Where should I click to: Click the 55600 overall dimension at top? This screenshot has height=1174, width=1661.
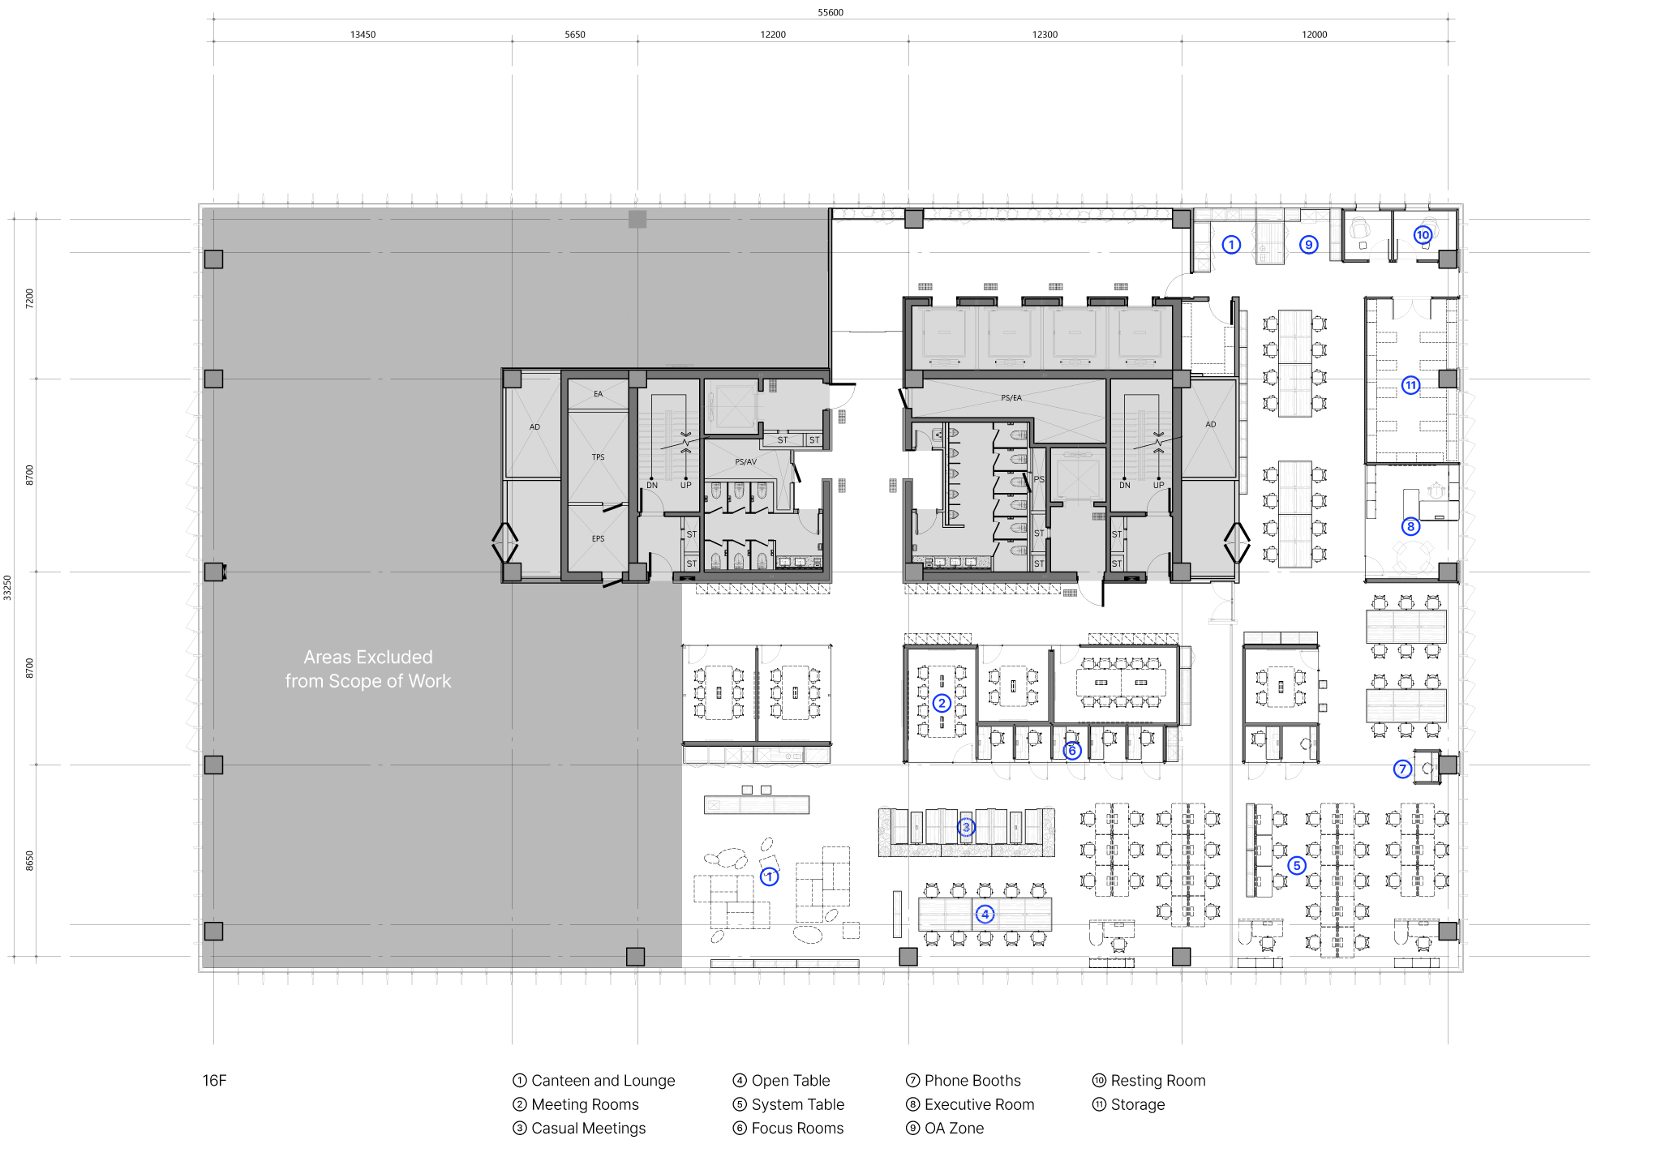(x=830, y=12)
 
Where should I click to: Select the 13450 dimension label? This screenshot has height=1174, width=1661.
(x=363, y=35)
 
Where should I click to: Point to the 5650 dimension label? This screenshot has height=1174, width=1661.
(x=574, y=35)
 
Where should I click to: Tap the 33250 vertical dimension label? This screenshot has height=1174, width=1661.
(x=7, y=587)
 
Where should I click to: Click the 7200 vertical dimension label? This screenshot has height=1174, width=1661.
(x=30, y=298)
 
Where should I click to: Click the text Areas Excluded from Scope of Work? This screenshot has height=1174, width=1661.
(x=367, y=669)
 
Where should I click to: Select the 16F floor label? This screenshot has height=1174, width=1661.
(x=214, y=1080)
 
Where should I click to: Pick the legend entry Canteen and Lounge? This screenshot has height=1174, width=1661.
(x=602, y=1080)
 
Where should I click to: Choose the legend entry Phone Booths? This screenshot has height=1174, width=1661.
(x=972, y=1080)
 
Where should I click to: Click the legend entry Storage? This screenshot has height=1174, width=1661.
(x=1137, y=1104)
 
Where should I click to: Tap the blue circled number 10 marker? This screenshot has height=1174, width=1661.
(x=1423, y=235)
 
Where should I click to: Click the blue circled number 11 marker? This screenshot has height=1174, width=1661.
(x=1411, y=385)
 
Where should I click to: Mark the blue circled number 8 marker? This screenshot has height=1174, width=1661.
(x=1410, y=526)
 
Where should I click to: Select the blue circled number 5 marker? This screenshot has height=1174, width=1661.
(x=1297, y=865)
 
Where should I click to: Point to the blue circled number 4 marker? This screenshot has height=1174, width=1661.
(x=985, y=914)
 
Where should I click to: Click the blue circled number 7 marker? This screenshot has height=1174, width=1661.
(x=1402, y=769)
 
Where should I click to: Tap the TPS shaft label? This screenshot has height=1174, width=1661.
(x=598, y=457)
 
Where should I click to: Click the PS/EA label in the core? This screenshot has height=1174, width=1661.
(x=1011, y=398)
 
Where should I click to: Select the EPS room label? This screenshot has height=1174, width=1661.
(x=598, y=538)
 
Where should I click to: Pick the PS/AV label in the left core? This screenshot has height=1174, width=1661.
(x=745, y=462)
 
